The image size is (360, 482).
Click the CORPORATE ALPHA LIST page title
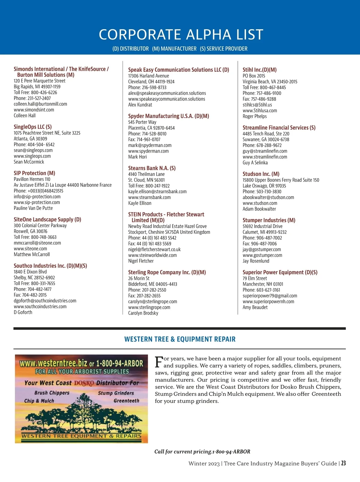point(181,35)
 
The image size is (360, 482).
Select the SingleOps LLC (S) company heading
point(33,127)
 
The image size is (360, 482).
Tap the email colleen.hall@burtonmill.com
point(40,104)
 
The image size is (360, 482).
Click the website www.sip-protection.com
point(37,203)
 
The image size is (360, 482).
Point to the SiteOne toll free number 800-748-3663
point(43,237)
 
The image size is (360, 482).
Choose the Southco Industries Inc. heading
point(50,266)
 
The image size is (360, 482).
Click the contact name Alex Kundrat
point(140,105)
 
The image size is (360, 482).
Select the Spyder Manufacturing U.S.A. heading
point(169,116)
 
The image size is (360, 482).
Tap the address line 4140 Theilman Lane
point(146,174)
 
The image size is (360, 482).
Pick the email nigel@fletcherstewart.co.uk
point(154,250)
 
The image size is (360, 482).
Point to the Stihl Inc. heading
point(259,70)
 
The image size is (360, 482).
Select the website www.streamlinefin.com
point(265,157)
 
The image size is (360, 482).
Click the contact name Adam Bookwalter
point(259,209)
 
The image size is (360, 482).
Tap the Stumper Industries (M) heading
point(269,220)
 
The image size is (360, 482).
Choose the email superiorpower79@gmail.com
point(270,296)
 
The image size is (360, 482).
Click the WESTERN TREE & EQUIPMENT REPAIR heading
point(180,339)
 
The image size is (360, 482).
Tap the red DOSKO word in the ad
point(84,383)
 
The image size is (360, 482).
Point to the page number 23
point(343,463)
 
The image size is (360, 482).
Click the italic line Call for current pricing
point(202,452)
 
